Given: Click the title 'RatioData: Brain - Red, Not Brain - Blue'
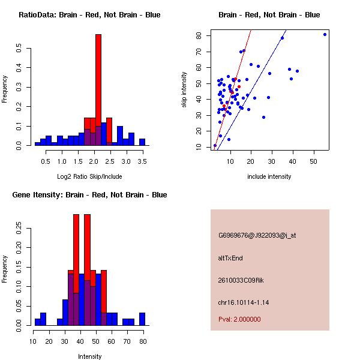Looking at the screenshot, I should [x=89, y=15].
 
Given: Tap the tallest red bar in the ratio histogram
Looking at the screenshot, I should [x=98, y=90].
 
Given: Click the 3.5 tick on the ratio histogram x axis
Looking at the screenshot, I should [x=142, y=161].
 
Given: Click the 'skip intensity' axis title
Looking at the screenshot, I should [x=184, y=90].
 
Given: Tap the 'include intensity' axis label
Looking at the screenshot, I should [x=269, y=176].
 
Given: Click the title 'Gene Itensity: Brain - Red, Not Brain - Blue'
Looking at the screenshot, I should [x=89, y=195].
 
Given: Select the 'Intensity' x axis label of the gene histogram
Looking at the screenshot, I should [x=89, y=356].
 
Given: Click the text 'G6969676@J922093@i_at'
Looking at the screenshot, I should [x=257, y=235].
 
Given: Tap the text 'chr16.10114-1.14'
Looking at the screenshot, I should [x=243, y=302].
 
